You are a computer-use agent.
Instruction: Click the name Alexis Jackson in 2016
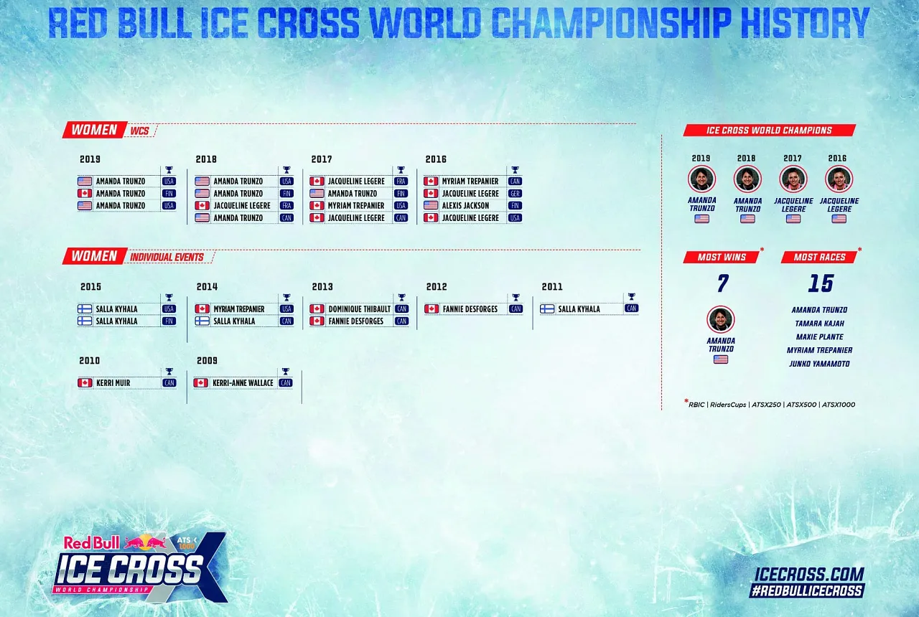pos(465,205)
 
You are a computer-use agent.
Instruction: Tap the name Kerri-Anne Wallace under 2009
pos(243,383)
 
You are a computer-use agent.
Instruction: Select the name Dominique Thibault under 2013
pos(360,309)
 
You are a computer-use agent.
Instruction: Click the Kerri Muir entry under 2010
pos(113,383)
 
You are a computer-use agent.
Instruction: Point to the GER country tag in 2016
pos(515,194)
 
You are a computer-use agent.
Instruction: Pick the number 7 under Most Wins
pos(722,283)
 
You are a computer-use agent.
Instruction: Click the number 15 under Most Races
pos(821,283)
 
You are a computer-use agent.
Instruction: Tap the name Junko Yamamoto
pos(819,364)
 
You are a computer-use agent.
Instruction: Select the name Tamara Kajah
pos(820,324)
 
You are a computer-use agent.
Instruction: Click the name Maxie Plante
pos(820,337)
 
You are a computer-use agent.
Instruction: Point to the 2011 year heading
pos(552,286)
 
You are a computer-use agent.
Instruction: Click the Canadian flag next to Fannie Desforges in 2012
pos(431,308)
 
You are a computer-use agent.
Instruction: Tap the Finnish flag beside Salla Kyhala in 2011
pos(547,308)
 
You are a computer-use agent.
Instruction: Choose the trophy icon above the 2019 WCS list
pos(169,170)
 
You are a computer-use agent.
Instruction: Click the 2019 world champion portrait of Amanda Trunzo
pos(701,179)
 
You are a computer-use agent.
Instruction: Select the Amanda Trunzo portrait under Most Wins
pos(720,319)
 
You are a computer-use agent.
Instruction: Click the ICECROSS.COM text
pos(809,574)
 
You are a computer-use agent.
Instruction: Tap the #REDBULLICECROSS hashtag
pos(806,590)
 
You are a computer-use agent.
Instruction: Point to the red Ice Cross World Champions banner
pos(769,131)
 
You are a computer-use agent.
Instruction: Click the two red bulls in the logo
pos(145,542)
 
